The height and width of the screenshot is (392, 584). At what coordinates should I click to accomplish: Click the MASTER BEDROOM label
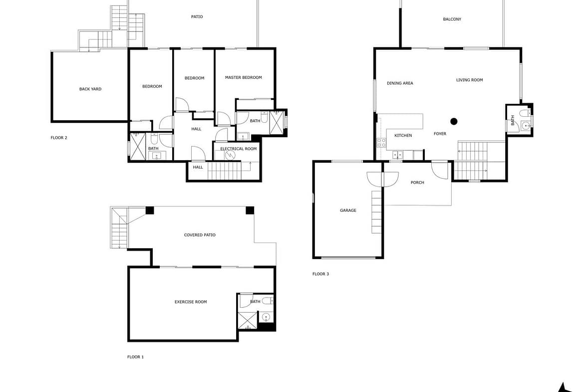tap(243, 77)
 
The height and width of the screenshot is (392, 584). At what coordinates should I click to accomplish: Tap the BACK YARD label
tap(90, 89)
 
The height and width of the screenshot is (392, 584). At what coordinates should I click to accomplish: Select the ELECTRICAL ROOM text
tap(239, 149)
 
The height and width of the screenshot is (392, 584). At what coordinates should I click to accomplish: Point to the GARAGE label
tap(348, 211)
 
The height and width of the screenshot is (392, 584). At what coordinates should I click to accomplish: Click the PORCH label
tap(417, 183)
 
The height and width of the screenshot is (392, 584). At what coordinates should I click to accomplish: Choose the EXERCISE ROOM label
tap(191, 302)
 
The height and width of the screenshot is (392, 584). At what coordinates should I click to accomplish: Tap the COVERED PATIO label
tap(200, 235)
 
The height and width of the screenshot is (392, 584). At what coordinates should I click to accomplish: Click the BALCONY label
tap(452, 19)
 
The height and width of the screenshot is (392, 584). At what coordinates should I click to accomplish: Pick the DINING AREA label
tap(400, 83)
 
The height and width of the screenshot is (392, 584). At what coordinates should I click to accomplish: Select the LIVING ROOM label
tap(469, 80)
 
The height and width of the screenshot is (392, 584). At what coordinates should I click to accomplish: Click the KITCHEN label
tap(403, 136)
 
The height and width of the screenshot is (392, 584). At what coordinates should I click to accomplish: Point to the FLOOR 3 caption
tap(320, 274)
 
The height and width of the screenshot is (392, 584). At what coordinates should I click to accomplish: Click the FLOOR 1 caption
tap(135, 357)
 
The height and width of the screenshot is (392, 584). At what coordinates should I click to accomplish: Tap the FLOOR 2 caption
tap(59, 138)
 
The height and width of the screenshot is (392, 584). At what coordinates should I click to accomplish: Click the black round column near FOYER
tap(454, 121)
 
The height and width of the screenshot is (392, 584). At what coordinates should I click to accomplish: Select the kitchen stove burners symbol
tap(381, 143)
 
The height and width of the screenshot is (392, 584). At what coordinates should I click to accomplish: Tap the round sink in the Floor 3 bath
tap(526, 126)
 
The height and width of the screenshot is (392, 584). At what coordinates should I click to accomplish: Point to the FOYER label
tap(440, 134)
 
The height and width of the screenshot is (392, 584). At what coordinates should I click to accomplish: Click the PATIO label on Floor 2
tap(197, 17)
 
